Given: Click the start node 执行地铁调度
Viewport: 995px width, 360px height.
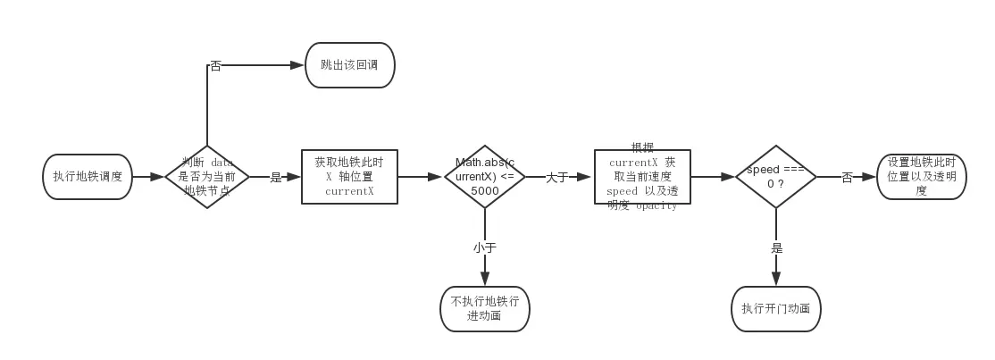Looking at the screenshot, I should click(88, 177).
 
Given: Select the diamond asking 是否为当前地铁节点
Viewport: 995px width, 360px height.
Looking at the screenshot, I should click(207, 177).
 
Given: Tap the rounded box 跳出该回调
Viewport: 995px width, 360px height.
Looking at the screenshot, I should click(349, 65).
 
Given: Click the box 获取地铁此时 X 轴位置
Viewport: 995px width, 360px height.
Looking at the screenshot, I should click(349, 177).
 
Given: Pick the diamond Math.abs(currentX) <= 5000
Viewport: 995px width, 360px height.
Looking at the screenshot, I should click(485, 177).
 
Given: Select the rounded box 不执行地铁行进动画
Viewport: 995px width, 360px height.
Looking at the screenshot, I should click(485, 308).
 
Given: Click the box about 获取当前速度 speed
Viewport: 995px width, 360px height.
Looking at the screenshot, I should click(642, 177).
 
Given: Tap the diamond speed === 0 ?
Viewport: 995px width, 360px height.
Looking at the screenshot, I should click(775, 177).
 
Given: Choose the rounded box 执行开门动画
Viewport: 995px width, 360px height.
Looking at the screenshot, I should click(775, 308).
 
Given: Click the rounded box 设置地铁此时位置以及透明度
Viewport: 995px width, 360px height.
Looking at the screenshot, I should click(921, 177).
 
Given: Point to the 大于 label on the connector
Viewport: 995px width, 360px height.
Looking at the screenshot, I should click(557, 178).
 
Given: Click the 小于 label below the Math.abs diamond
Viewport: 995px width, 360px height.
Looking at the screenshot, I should click(484, 247).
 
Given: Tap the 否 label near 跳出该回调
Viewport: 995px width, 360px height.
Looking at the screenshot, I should click(215, 65).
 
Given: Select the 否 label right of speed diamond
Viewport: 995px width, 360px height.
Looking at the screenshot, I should click(847, 178).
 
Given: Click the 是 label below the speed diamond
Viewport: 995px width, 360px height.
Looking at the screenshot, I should click(776, 248).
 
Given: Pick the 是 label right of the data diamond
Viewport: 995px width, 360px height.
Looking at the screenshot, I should click(276, 178).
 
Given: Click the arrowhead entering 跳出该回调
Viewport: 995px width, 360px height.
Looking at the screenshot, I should click(298, 65).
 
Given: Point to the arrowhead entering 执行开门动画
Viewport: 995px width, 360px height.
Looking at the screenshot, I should click(775, 280).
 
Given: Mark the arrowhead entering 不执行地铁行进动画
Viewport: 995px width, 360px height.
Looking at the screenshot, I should click(485, 280).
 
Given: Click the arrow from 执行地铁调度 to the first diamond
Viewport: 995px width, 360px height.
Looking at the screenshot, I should click(148, 177).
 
